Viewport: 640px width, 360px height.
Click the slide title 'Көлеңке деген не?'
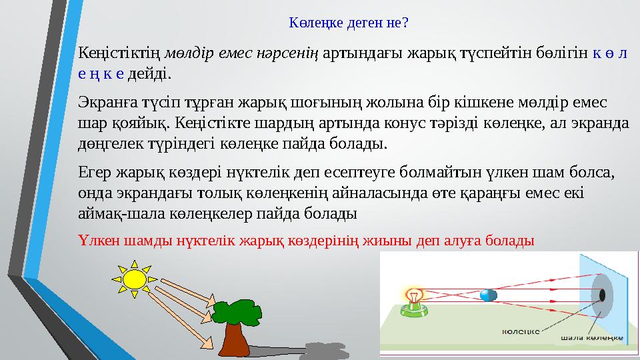(x=349, y=23)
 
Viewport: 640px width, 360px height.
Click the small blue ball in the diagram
(x=489, y=295)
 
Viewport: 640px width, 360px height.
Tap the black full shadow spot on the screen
(x=603, y=295)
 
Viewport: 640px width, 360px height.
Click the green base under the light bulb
(x=415, y=308)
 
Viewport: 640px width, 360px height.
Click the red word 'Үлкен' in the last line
(x=98, y=240)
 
